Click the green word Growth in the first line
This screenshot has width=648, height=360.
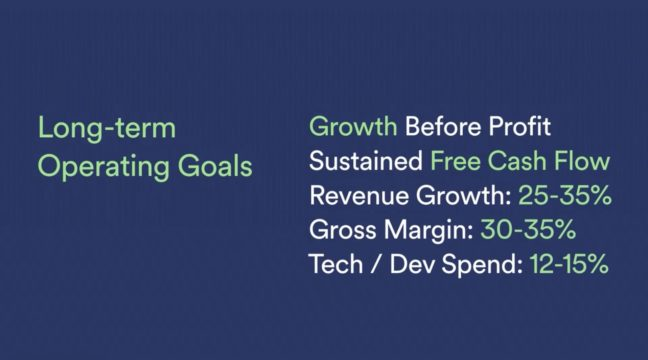[353, 128]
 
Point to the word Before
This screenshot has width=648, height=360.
[443, 127]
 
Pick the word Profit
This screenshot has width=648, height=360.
[520, 127]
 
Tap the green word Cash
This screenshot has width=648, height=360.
[520, 162]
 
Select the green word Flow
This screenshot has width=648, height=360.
[584, 162]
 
